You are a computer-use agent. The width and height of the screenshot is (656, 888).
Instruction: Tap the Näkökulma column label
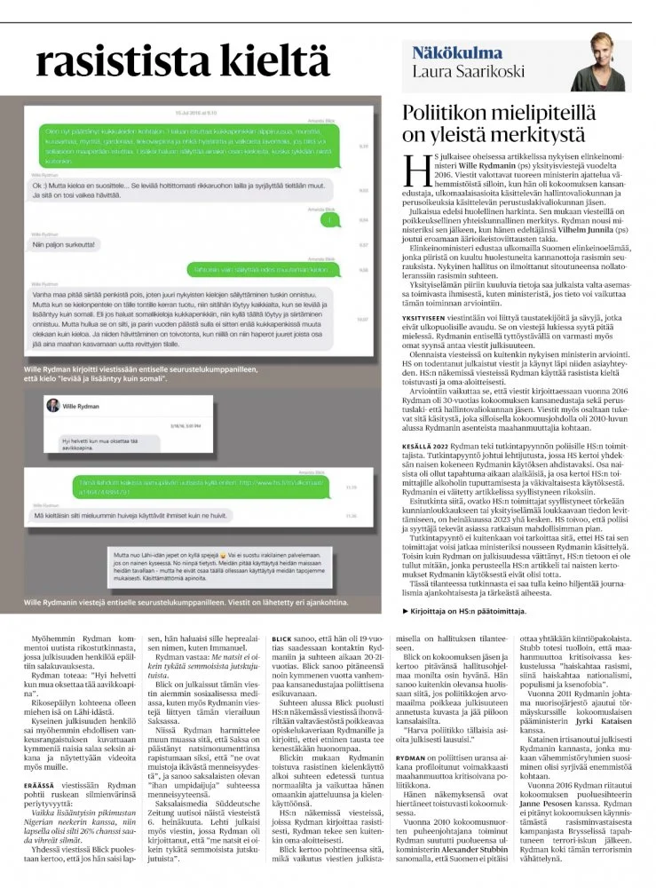457,52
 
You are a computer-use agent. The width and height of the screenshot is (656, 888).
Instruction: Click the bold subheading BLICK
282,613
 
